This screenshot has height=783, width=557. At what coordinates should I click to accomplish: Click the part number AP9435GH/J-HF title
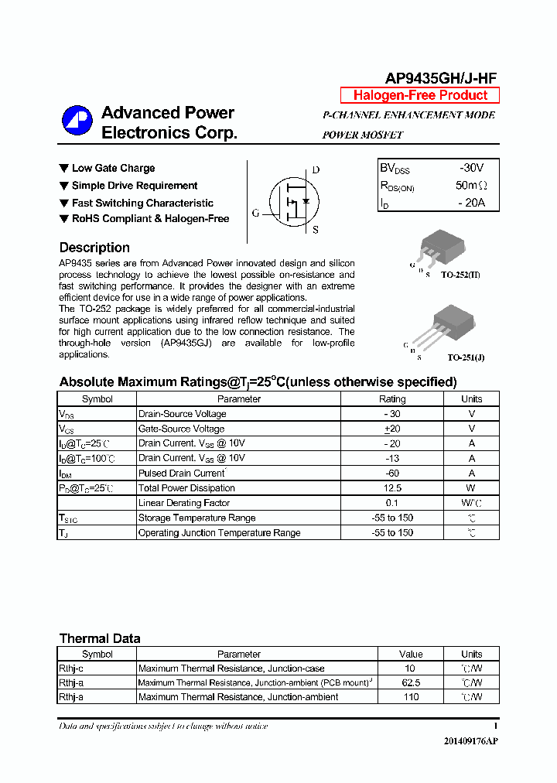(x=441, y=77)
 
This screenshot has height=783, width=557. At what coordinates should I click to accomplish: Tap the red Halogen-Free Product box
(x=420, y=95)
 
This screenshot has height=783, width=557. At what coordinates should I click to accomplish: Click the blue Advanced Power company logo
(x=77, y=122)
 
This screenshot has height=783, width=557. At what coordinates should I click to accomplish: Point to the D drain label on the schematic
(x=316, y=170)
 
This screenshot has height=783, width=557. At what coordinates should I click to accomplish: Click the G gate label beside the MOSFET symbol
(x=255, y=213)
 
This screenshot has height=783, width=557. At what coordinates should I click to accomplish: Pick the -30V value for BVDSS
(x=470, y=168)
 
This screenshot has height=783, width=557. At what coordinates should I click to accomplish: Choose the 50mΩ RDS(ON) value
(x=471, y=186)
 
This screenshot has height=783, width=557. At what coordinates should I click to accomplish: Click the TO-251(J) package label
(x=466, y=358)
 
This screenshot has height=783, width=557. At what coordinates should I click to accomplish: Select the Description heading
(x=94, y=248)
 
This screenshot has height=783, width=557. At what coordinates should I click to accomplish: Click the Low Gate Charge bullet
(x=113, y=168)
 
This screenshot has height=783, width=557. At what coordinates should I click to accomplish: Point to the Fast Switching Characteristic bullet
(x=142, y=203)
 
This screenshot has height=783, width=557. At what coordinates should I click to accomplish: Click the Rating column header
(x=391, y=399)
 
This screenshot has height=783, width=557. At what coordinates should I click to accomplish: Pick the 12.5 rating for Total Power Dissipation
(x=391, y=488)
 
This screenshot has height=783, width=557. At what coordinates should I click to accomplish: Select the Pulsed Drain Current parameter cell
(x=181, y=474)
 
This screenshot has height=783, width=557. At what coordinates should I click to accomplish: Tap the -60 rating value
(x=391, y=474)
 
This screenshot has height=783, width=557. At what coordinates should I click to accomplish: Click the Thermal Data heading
(x=100, y=638)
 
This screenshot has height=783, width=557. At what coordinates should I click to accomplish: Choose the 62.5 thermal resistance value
(x=411, y=683)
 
